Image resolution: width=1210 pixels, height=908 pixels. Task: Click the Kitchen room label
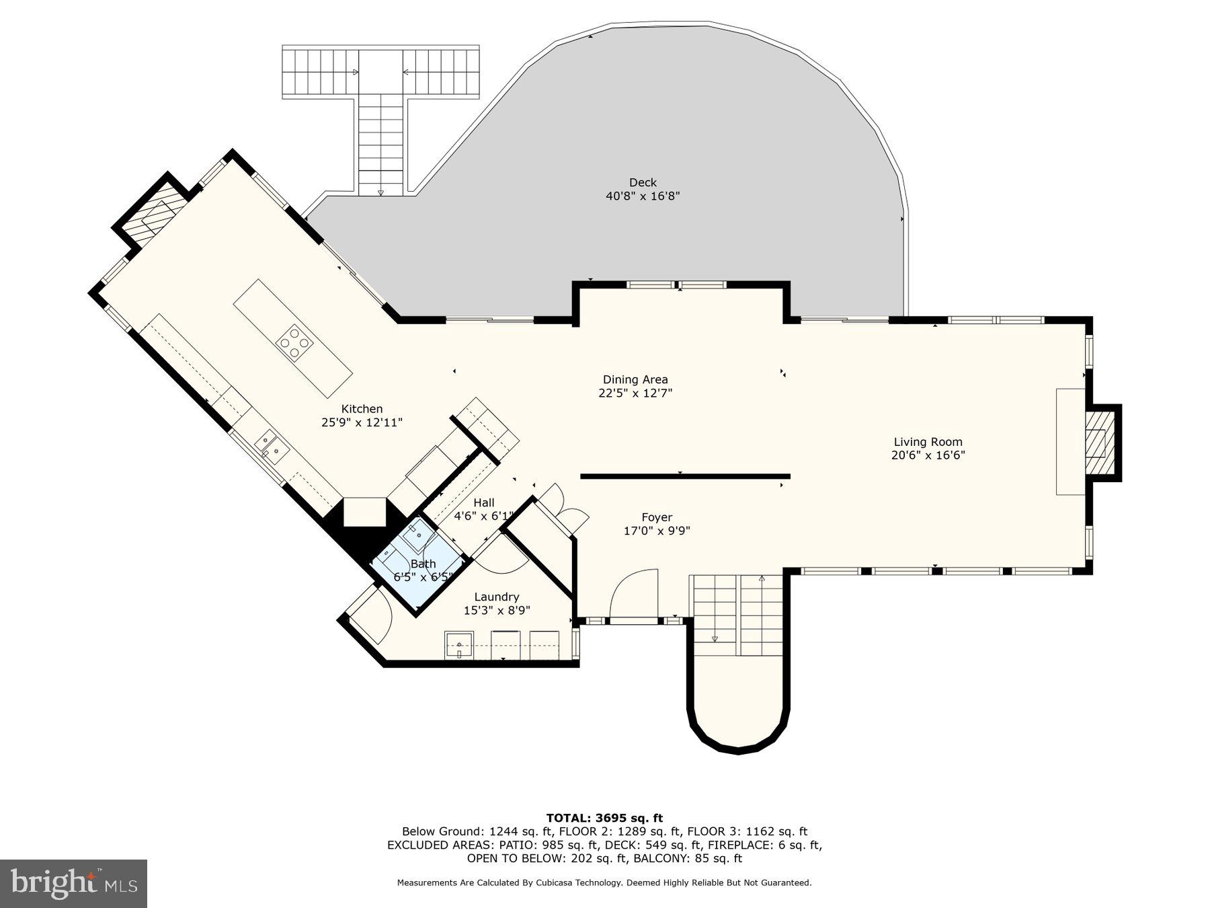[x=362, y=409]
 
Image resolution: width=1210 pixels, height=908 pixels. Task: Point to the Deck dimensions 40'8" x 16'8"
[x=643, y=196]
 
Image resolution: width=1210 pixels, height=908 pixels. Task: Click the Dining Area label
[x=635, y=380]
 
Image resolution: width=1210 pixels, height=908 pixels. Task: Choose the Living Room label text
[x=928, y=442]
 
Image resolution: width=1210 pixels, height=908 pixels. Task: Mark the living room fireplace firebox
[x=1098, y=443]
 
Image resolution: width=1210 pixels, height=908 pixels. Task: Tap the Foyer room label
[x=657, y=517]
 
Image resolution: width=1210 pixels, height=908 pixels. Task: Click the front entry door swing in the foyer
[x=635, y=593]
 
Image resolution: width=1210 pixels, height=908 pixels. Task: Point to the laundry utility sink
[x=459, y=646]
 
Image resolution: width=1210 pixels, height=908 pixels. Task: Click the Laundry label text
[x=497, y=597]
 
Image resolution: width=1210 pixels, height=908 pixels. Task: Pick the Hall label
[x=483, y=503]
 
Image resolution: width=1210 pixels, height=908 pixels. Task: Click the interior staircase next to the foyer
[x=738, y=615]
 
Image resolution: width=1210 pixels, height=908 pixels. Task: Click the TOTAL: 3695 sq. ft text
[x=604, y=818]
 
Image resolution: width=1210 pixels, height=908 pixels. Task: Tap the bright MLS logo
[x=73, y=883]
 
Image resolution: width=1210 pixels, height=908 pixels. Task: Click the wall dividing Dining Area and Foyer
[x=684, y=476]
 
